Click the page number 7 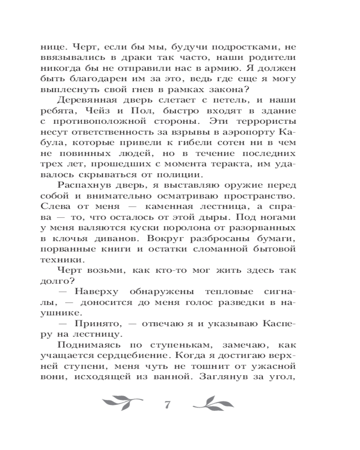pyautogui.click(x=167, y=404)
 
